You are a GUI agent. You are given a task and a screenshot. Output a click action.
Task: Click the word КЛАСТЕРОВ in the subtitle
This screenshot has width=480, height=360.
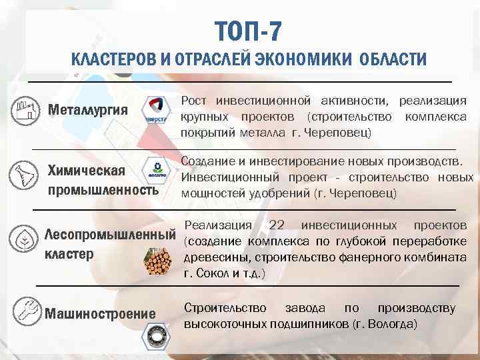[x=112, y=59]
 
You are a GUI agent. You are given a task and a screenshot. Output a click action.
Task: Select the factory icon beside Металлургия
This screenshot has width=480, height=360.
[x=24, y=109]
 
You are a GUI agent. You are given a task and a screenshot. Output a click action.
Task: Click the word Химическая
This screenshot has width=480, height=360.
[x=86, y=171]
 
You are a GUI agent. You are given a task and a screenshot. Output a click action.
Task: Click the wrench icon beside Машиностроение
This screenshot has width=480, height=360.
[x=24, y=310]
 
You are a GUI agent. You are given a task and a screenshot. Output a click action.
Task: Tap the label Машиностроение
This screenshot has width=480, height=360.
[x=100, y=314]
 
